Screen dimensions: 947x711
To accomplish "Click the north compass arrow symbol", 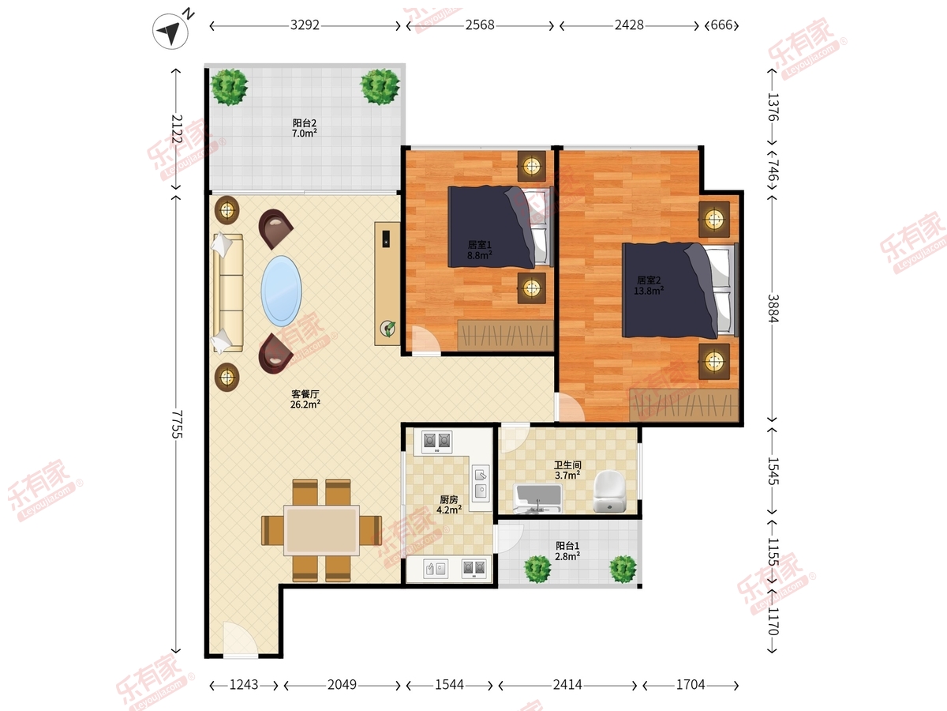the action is click(x=170, y=31).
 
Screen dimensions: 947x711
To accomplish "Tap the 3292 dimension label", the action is click(x=305, y=25).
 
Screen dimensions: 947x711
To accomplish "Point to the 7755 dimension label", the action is click(x=177, y=424).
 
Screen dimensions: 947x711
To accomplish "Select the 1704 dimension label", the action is click(x=691, y=685).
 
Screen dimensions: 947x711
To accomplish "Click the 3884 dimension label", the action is click(x=773, y=308).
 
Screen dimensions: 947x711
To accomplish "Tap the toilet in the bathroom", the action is click(x=609, y=491).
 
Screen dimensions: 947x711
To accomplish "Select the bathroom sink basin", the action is click(x=537, y=498).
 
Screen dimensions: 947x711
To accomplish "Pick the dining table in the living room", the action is click(x=321, y=530).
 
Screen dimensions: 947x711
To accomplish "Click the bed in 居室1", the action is click(x=500, y=227).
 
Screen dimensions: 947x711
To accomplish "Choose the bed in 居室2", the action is click(x=680, y=290).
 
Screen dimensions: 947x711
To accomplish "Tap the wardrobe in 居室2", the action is click(x=684, y=405).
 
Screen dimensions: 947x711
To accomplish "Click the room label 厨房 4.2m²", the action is click(x=449, y=505).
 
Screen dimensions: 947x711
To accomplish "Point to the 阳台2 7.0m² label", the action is click(x=305, y=128).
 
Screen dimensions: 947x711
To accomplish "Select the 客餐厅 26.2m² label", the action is click(x=305, y=399).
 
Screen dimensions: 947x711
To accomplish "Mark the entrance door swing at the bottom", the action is click(x=240, y=639).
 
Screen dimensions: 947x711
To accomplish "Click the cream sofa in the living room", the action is click(x=228, y=292).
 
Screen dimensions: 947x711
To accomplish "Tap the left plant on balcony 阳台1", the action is click(x=537, y=569).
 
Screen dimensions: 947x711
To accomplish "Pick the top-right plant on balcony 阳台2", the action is click(x=380, y=86).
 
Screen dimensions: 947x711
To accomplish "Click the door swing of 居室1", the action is click(x=425, y=340).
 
